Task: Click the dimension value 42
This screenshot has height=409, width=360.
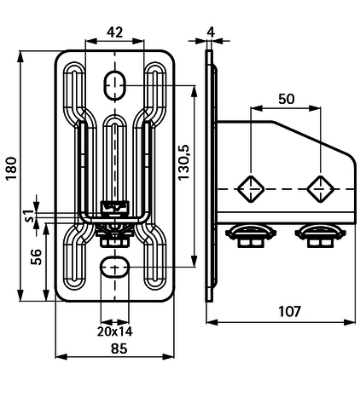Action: click(x=114, y=32)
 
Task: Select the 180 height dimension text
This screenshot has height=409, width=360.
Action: click(x=12, y=168)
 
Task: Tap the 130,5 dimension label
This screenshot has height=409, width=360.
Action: click(x=183, y=162)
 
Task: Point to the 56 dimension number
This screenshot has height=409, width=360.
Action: click(x=37, y=256)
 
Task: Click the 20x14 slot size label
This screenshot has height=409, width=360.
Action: click(x=114, y=331)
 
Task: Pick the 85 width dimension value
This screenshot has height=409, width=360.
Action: click(x=119, y=349)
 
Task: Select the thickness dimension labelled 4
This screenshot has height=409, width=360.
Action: click(x=211, y=32)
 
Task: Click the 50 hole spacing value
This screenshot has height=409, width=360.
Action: click(x=287, y=99)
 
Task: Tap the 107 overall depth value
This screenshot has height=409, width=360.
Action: click(x=289, y=311)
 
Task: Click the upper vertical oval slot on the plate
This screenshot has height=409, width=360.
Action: click(x=114, y=85)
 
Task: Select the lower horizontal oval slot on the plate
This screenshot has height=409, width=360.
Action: click(x=114, y=267)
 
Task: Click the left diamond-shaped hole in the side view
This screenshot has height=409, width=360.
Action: click(x=251, y=189)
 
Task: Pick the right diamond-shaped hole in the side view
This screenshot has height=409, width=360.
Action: click(x=321, y=189)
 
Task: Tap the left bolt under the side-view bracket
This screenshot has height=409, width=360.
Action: click(x=251, y=236)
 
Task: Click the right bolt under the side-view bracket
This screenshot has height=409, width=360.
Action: click(x=321, y=236)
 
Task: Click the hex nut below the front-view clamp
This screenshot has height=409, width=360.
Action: click(x=115, y=242)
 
